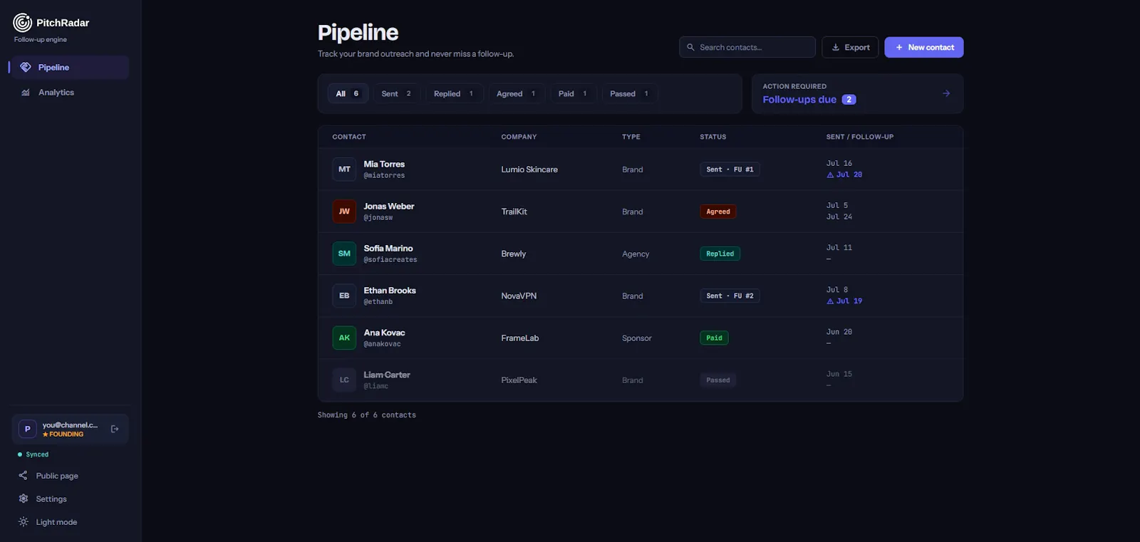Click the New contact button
pos(923,47)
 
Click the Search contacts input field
pos(747,47)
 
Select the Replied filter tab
pos(454,93)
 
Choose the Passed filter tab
pos(630,93)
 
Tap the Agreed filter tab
pos(516,93)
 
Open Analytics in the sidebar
pos(56,92)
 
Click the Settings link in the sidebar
pos(51,499)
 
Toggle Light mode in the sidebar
pos(56,521)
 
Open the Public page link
pos(56,475)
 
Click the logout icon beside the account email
pos(115,429)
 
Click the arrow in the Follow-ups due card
pos(946,93)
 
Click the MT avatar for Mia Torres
pos(344,169)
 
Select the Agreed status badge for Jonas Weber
pos(717,212)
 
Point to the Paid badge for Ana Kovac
pos(714,338)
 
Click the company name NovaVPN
pos(519,296)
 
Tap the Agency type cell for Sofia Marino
pos(635,254)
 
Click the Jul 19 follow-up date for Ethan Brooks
pos(849,301)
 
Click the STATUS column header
pos(712,137)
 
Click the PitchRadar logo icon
pos(22,22)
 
